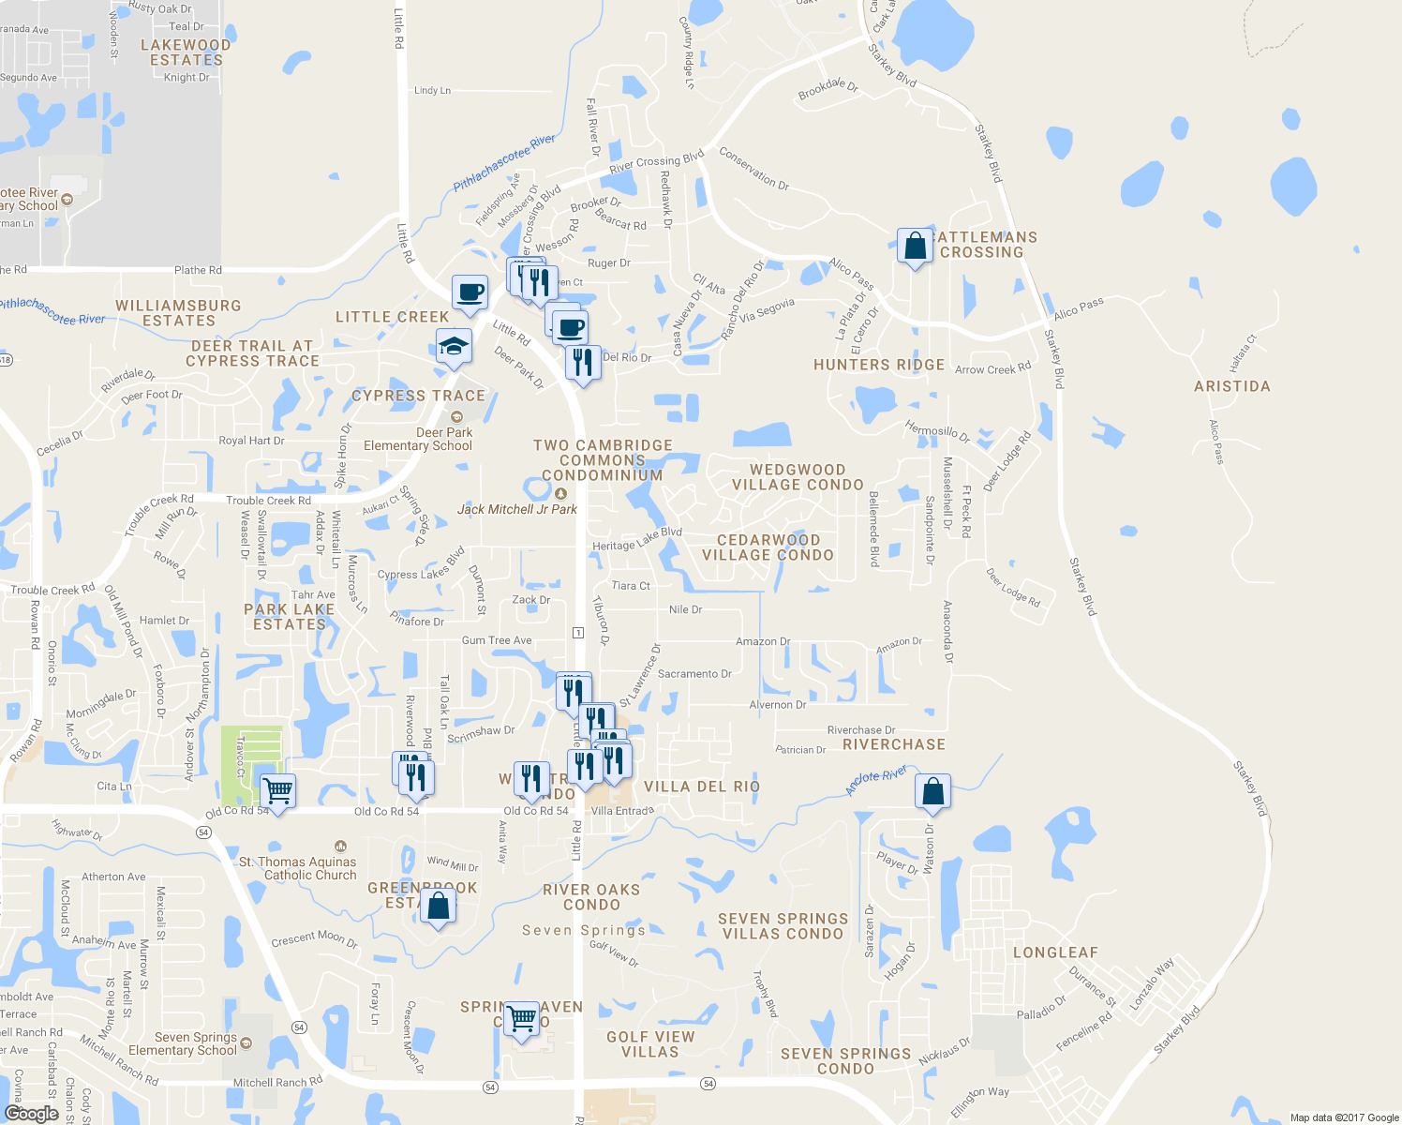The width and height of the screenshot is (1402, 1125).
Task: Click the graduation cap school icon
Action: pyautogui.click(x=454, y=348)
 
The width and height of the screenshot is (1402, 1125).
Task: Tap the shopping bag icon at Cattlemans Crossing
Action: pyautogui.click(x=915, y=247)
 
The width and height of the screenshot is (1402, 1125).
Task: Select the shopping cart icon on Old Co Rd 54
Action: pyautogui.click(x=277, y=791)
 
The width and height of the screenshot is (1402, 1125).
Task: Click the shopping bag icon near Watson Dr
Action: pyautogui.click(x=933, y=792)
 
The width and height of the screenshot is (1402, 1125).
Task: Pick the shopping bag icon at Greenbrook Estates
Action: pyautogui.click(x=438, y=907)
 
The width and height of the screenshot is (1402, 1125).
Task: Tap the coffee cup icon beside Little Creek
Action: pyautogui.click(x=470, y=292)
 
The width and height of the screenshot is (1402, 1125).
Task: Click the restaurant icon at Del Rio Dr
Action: pyautogui.click(x=584, y=362)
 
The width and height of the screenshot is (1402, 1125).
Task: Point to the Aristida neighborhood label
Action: pyautogui.click(x=1231, y=386)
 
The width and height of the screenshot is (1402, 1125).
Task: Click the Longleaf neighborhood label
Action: pyautogui.click(x=1055, y=952)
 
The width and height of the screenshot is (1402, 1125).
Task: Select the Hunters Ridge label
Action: pyautogui.click(x=879, y=365)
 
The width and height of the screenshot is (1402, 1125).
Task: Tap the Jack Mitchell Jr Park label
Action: pyautogui.click(x=516, y=509)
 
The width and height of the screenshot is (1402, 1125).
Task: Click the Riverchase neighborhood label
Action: pyautogui.click(x=894, y=744)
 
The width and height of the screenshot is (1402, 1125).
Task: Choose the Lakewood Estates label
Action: pyautogui.click(x=186, y=52)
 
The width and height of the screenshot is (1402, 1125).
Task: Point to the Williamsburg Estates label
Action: pyautogui.click(x=178, y=313)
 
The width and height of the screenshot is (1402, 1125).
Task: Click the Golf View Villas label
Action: pyautogui.click(x=650, y=1044)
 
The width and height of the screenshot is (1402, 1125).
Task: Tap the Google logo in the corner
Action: pyautogui.click(x=31, y=1114)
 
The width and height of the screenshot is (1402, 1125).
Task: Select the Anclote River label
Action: pyautogui.click(x=876, y=780)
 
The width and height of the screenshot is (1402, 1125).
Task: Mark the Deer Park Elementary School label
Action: pyautogui.click(x=418, y=439)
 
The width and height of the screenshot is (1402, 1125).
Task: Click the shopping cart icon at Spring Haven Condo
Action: pyautogui.click(x=522, y=1018)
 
